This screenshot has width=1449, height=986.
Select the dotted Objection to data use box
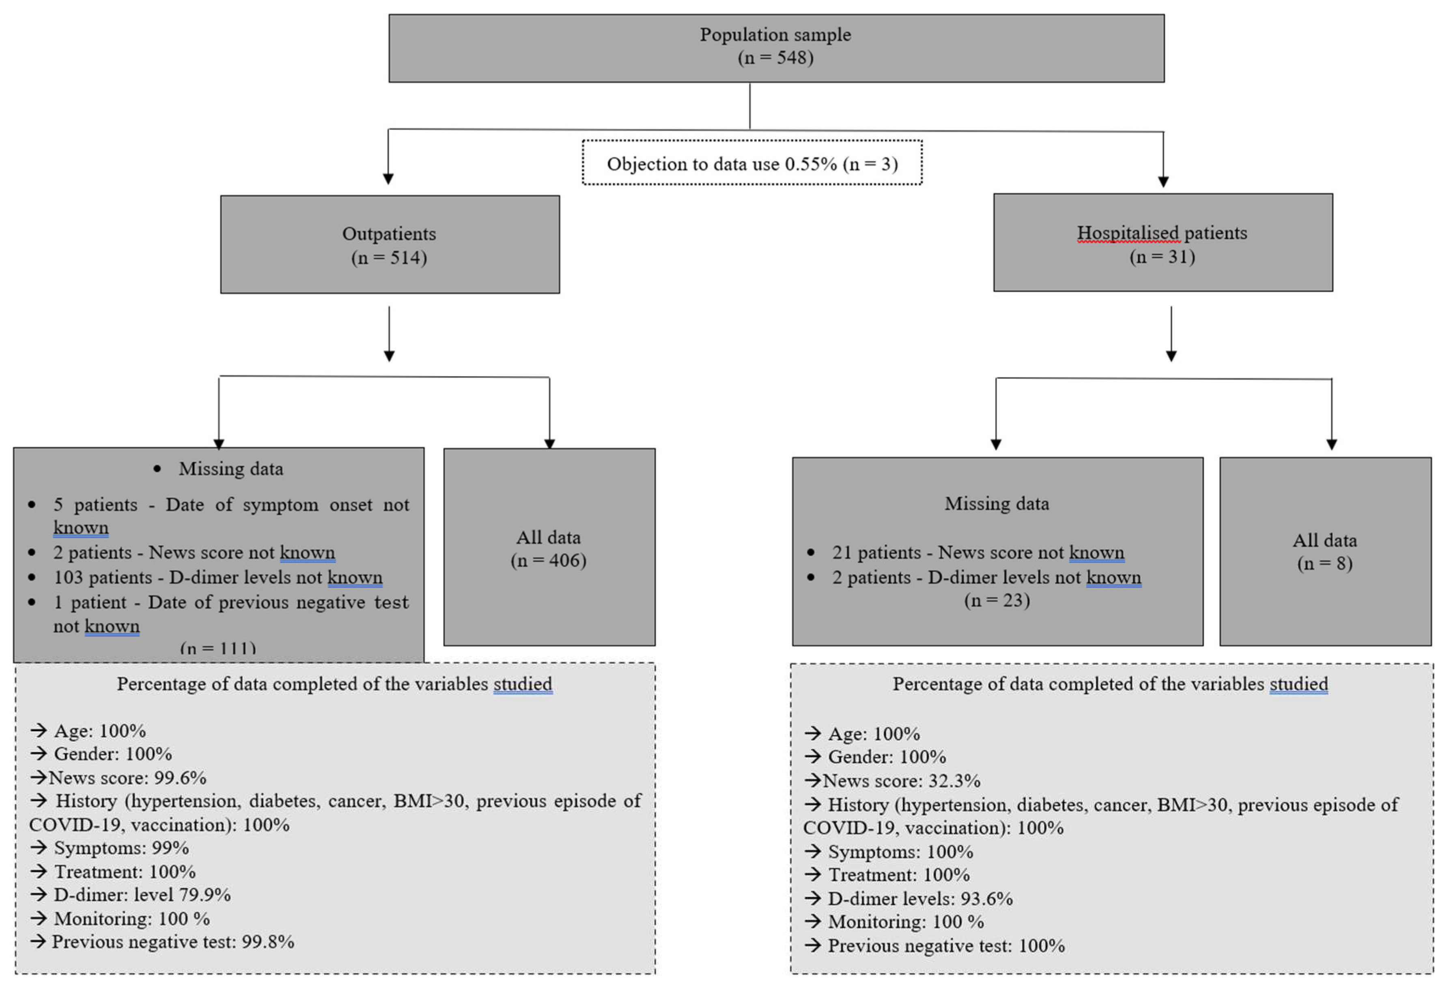coord(751,164)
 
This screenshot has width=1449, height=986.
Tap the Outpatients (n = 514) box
coord(390,244)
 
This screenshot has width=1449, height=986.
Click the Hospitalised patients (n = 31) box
coord(1162,243)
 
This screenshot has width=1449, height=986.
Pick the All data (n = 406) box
coord(549,547)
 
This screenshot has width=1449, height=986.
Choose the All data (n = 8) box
coord(1324,551)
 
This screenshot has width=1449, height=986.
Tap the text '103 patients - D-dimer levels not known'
coord(218,577)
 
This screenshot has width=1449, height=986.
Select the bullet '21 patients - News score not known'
coord(977,552)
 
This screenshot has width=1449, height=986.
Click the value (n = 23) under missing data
coord(996,600)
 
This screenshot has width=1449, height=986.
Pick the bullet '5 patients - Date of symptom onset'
coord(231,505)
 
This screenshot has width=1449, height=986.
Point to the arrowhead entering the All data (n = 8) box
coord(1331,444)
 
